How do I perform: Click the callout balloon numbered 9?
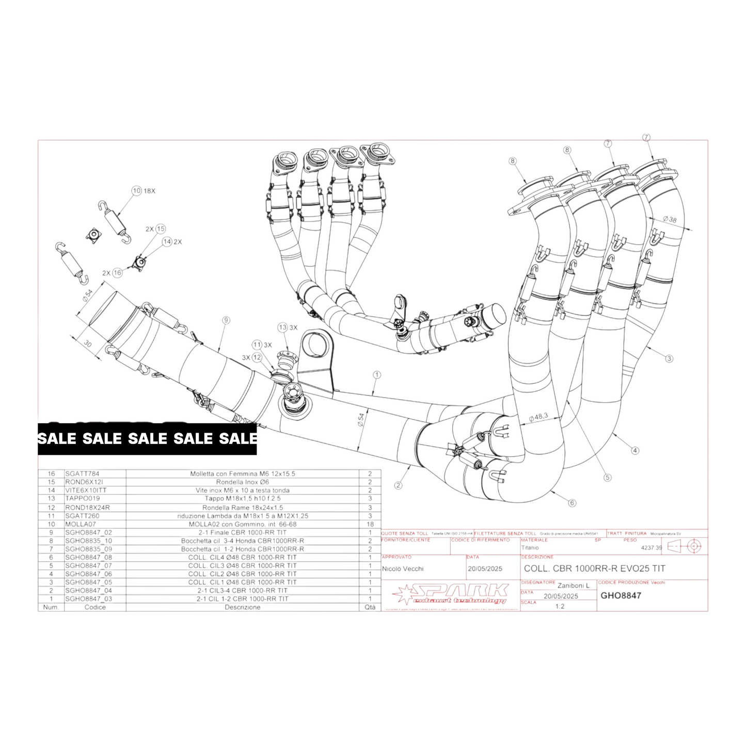pyautogui.click(x=226, y=321)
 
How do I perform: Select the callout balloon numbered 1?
pyautogui.click(x=377, y=375)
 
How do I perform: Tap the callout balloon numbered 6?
pyautogui.click(x=572, y=503)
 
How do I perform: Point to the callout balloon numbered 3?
pyautogui.click(x=669, y=358)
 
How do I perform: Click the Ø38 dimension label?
pyautogui.click(x=670, y=219)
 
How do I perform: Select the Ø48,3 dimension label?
pyautogui.click(x=538, y=417)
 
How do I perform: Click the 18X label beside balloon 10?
pyautogui.click(x=149, y=191)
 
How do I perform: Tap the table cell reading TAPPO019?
pyautogui.click(x=83, y=499)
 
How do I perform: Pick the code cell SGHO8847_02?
pyautogui.click(x=88, y=532)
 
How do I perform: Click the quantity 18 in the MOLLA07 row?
pyautogui.click(x=370, y=524)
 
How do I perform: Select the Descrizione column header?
pyautogui.click(x=242, y=607)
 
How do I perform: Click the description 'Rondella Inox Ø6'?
pyautogui.click(x=242, y=482)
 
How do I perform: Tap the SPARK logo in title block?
pyautogui.click(x=449, y=594)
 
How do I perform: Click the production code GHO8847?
pyautogui.click(x=621, y=595)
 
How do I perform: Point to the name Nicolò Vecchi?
pyautogui.click(x=403, y=568)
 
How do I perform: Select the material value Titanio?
pyautogui.click(x=530, y=548)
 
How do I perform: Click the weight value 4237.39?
pyautogui.click(x=651, y=548)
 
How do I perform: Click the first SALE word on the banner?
pyautogui.click(x=57, y=439)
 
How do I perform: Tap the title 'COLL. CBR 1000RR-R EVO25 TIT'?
pyautogui.click(x=594, y=568)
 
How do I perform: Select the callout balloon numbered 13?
pyautogui.click(x=282, y=327)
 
